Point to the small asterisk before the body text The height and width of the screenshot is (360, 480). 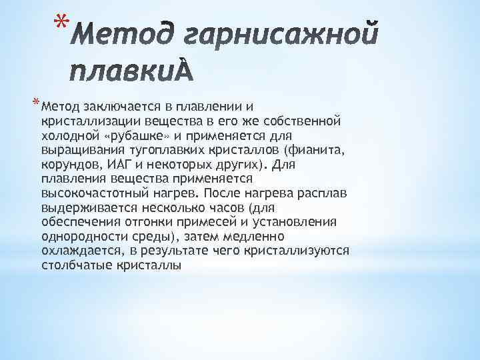(35, 103)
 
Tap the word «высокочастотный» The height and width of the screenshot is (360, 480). (86, 193)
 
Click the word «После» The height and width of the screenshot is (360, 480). (220, 193)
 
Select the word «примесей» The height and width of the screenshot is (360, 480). (225, 222)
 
